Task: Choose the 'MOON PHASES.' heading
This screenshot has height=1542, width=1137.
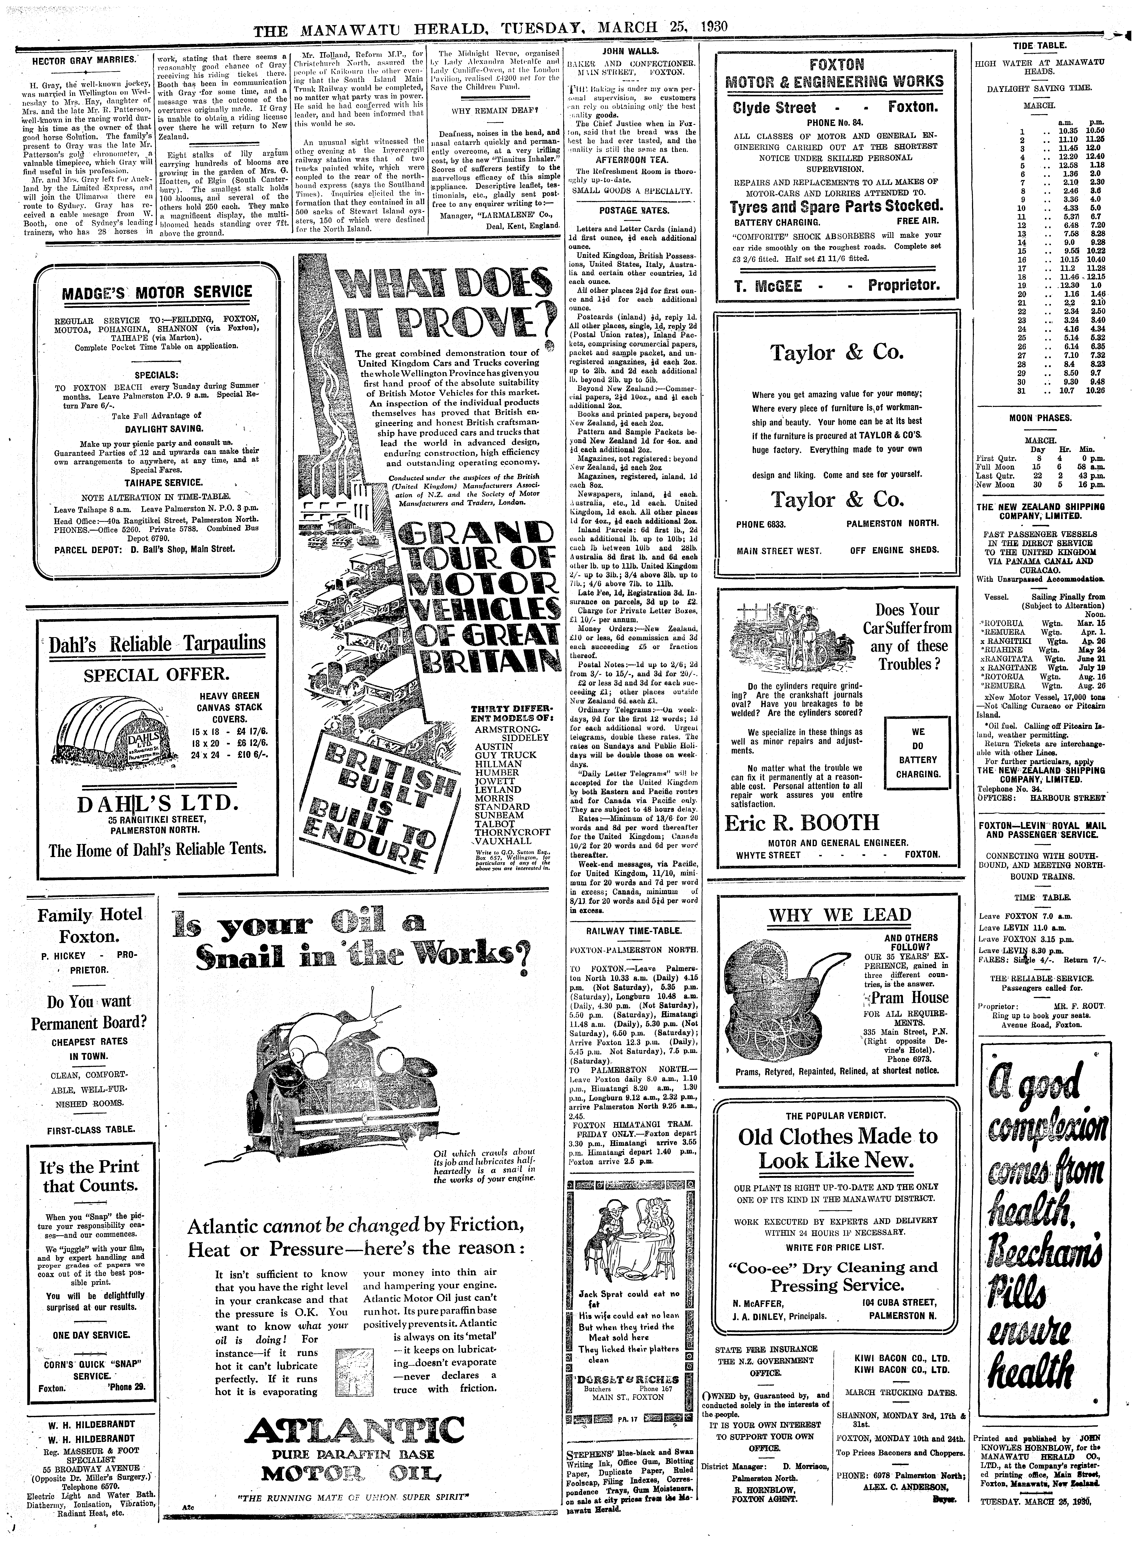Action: [1040, 418]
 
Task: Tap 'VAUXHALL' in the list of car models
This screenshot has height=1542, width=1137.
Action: [503, 841]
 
